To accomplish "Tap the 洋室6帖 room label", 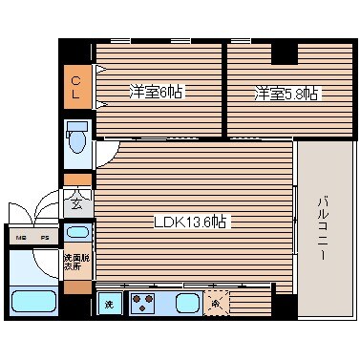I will click(x=156, y=93).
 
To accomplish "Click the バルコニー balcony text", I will click(x=324, y=230).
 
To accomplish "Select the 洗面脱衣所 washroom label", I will click(x=75, y=264).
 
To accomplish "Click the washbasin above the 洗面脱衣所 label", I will click(x=77, y=232).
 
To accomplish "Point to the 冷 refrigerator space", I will click(x=217, y=304).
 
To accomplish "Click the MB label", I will click(x=19, y=237).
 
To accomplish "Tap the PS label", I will click(x=44, y=237).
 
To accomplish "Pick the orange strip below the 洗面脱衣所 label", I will click(x=77, y=286).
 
